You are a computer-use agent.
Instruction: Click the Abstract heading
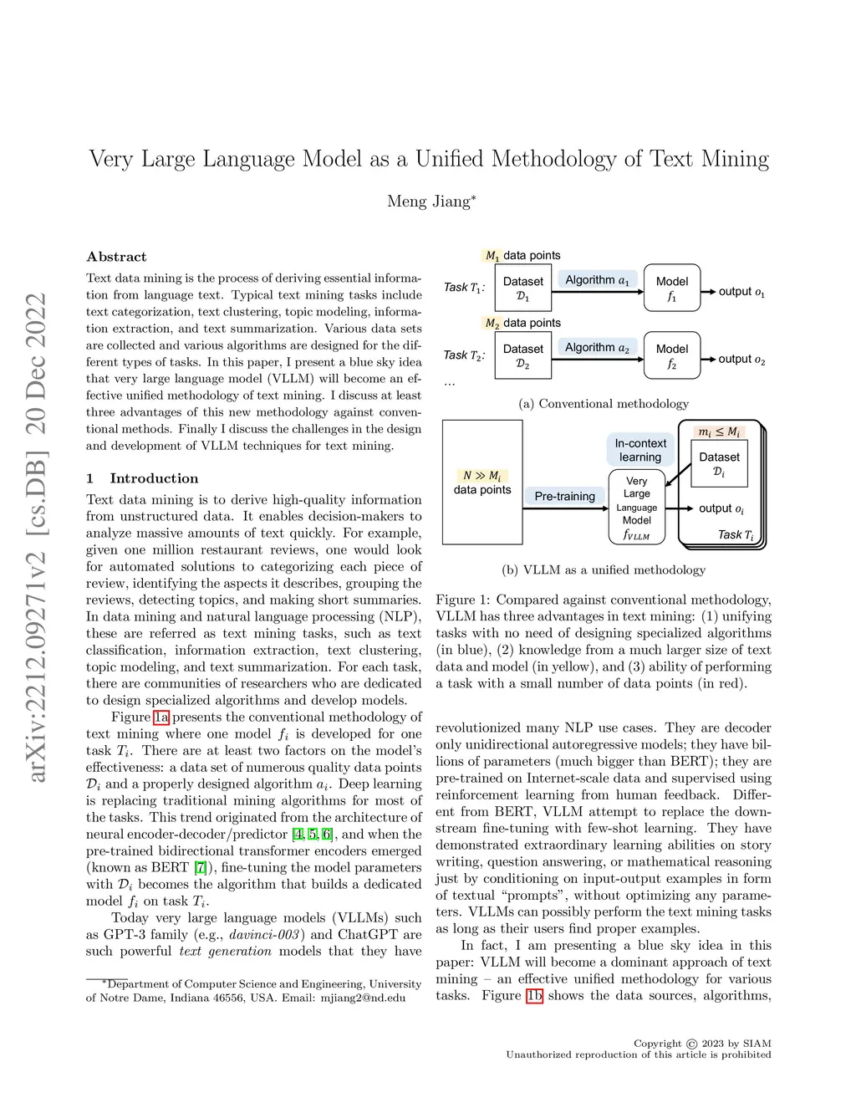[x=116, y=257]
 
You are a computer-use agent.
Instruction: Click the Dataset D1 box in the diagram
[x=523, y=288]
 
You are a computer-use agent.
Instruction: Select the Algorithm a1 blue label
[x=597, y=280]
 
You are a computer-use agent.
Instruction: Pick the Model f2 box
[x=672, y=355]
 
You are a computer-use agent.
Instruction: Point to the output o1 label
[x=741, y=292]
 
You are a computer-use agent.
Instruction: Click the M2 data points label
[x=522, y=323]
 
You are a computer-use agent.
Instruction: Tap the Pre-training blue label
[x=564, y=496]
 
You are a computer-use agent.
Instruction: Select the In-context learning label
[x=640, y=450]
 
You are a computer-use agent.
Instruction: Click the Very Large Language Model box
[x=637, y=507]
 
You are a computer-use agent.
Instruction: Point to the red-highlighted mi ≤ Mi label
[x=719, y=431]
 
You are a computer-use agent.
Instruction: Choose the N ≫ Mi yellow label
[x=481, y=475]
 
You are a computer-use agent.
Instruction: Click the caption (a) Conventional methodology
[x=604, y=404]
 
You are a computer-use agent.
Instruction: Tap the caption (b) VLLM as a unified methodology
[x=604, y=570]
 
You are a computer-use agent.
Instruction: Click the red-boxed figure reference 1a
[x=161, y=717]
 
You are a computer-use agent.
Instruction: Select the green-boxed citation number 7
[x=200, y=867]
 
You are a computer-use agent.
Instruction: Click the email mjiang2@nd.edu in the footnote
[x=363, y=998]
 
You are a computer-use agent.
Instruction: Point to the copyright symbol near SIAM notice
[x=691, y=1044]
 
